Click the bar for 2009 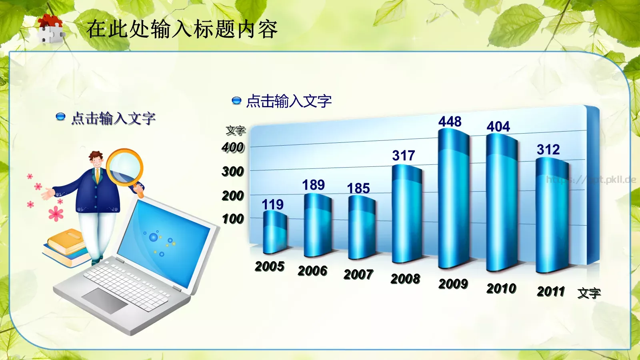click(x=454, y=200)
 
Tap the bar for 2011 click(x=552, y=216)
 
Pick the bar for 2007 click(x=361, y=228)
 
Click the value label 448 click(x=450, y=122)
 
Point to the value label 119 click(x=272, y=205)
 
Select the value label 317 click(x=403, y=156)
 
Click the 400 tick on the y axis click(x=233, y=148)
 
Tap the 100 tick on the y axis click(x=233, y=219)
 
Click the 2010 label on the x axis click(x=501, y=288)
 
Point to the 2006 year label click(x=312, y=271)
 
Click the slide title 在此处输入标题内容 click(x=182, y=30)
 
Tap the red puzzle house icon click(x=50, y=29)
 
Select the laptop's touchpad click(x=105, y=300)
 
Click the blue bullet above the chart click(x=236, y=100)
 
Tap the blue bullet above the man click(x=60, y=117)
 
